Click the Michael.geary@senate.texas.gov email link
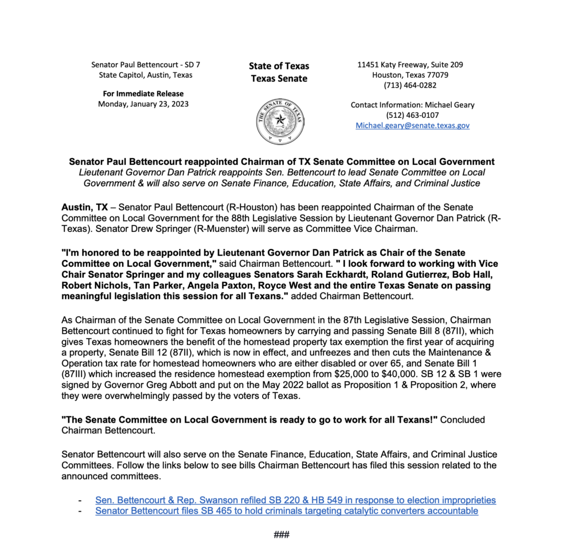click(x=413, y=126)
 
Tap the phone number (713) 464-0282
click(x=411, y=85)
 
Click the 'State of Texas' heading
click(x=279, y=66)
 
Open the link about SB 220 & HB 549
click(x=295, y=500)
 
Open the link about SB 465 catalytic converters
click(x=286, y=511)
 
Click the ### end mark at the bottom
click(x=281, y=534)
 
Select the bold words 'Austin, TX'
click(x=84, y=207)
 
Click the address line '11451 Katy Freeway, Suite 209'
click(x=411, y=64)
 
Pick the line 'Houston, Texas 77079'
click(x=411, y=75)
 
